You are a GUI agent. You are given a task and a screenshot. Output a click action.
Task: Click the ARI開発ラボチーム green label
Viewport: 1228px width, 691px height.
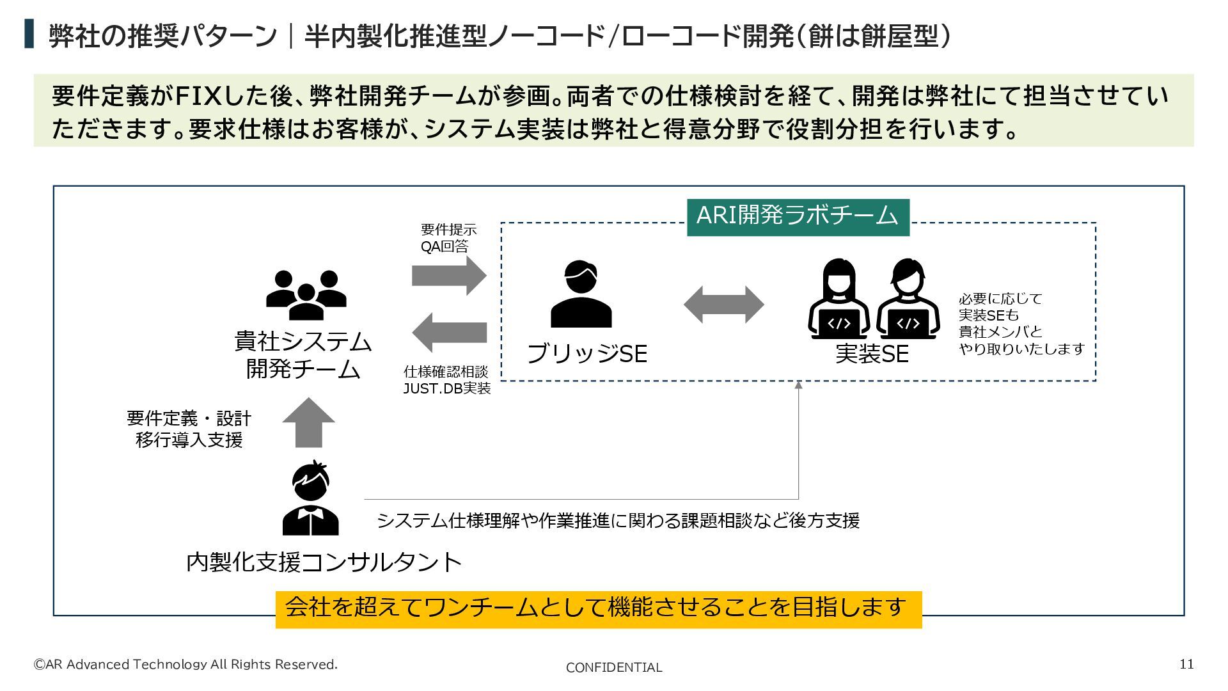(798, 217)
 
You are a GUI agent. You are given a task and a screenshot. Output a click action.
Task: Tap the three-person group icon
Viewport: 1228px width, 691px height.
(306, 294)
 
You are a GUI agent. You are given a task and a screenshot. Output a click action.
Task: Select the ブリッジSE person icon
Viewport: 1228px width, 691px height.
(581, 294)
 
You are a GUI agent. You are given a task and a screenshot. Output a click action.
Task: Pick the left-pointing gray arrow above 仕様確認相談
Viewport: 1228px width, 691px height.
(449, 332)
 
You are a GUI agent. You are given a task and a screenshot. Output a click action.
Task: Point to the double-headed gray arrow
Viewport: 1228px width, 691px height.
(723, 305)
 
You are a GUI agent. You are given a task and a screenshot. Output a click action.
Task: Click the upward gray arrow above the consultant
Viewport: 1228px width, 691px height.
(308, 422)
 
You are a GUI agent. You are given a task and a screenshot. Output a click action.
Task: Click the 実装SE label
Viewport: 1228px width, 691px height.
(872, 354)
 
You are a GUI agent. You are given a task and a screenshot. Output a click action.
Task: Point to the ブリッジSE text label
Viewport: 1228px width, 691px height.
(586, 354)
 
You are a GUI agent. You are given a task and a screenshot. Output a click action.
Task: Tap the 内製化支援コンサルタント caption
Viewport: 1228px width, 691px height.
(324, 562)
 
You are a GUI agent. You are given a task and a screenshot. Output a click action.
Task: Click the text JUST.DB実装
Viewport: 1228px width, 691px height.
(446, 388)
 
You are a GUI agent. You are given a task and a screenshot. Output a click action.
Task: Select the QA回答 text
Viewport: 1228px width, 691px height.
(445, 246)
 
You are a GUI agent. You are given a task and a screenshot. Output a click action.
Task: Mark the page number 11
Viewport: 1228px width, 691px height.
(1186, 664)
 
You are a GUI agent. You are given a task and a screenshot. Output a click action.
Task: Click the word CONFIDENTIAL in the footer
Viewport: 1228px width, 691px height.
(613, 668)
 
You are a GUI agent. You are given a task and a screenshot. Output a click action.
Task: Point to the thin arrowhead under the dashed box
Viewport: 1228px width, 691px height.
(798, 385)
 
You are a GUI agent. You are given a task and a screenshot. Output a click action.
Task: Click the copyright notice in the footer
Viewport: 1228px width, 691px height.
(185, 665)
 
